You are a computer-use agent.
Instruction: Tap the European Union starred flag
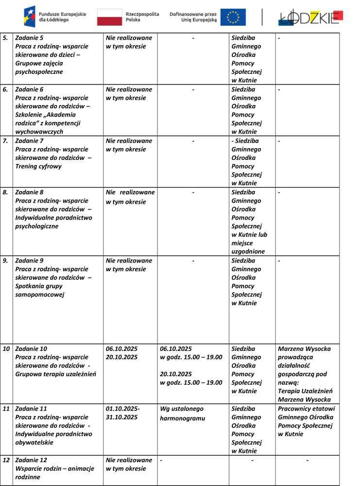click(x=233, y=17)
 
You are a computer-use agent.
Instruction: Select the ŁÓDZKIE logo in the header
click(x=311, y=17)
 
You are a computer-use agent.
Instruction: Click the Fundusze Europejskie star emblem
click(x=29, y=17)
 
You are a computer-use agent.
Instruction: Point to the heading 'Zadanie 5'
click(x=29, y=38)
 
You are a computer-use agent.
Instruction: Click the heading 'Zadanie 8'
click(x=29, y=192)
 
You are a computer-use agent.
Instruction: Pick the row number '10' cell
click(x=6, y=349)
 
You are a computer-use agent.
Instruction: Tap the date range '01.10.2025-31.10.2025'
click(x=123, y=413)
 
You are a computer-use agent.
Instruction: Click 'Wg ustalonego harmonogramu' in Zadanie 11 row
click(x=182, y=414)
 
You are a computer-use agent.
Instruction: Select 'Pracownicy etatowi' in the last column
click(x=306, y=409)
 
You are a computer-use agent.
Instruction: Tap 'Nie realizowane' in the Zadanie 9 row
click(x=129, y=260)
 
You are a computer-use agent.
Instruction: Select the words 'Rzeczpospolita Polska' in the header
click(x=142, y=17)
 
